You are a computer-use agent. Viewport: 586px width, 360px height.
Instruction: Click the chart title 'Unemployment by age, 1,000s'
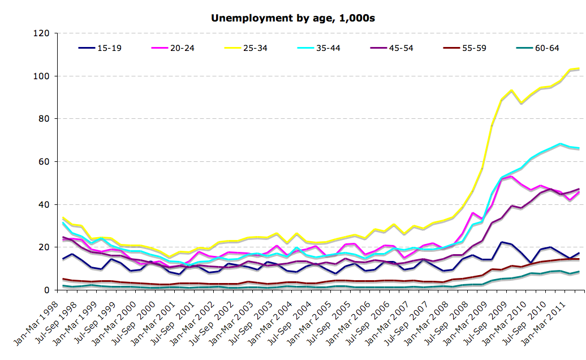point(293,18)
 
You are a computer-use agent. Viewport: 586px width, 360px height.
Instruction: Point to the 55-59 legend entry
point(474,48)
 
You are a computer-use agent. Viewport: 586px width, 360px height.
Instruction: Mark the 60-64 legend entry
point(547,48)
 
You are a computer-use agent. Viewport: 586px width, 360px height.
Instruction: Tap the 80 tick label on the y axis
point(45,119)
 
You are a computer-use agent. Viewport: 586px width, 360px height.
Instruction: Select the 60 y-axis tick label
point(45,162)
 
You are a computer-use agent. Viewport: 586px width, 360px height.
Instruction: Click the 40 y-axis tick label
point(45,204)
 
